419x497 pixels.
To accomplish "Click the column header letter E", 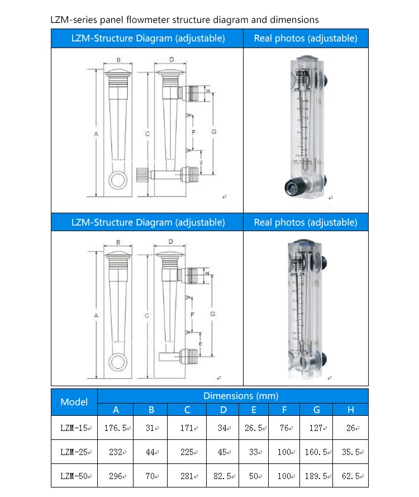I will pos(254,410).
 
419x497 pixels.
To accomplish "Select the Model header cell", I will pos(74,402).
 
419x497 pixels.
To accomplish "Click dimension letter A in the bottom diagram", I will pos(96,316).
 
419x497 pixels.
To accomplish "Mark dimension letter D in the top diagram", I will pos(171,59).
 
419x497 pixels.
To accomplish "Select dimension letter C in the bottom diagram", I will pos(147,316).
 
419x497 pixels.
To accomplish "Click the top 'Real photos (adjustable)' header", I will pos(306,39).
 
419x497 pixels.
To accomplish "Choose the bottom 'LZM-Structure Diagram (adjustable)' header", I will pos(148,222).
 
